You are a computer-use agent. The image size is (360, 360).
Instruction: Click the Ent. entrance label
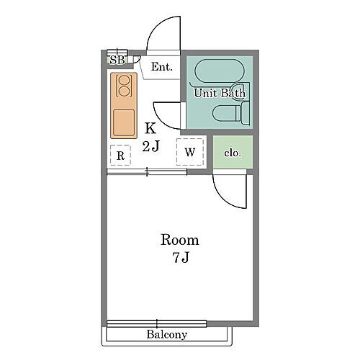pyautogui.click(x=162, y=67)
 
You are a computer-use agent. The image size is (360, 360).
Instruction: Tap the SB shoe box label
pyautogui.click(x=117, y=60)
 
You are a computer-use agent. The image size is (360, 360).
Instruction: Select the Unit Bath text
pyautogui.click(x=220, y=93)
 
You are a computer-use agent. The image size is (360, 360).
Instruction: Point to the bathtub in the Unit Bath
pyautogui.click(x=220, y=71)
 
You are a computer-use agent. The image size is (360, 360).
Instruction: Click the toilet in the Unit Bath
pyautogui.click(x=231, y=113)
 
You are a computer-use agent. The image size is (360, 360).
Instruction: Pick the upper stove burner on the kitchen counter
pyautogui.click(x=124, y=80)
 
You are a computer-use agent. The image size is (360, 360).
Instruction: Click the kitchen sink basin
pyautogui.click(x=124, y=122)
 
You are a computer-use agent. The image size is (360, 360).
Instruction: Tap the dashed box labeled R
pyautogui.click(x=120, y=155)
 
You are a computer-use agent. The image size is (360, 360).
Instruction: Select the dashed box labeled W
pyautogui.click(x=190, y=152)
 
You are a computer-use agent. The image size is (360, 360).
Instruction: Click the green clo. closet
pyautogui.click(x=233, y=152)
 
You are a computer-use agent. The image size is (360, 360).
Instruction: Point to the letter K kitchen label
pyautogui.click(x=150, y=128)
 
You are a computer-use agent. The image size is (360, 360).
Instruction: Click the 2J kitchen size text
pyautogui.click(x=150, y=145)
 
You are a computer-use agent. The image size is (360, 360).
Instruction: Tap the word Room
pyautogui.click(x=180, y=240)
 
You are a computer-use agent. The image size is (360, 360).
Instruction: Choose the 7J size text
pyautogui.click(x=181, y=258)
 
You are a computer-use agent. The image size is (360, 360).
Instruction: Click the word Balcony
pyautogui.click(x=167, y=335)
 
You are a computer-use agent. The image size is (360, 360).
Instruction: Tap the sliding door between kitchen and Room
pyautogui.click(x=147, y=172)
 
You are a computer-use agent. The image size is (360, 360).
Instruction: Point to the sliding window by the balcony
pyautogui.click(x=157, y=324)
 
